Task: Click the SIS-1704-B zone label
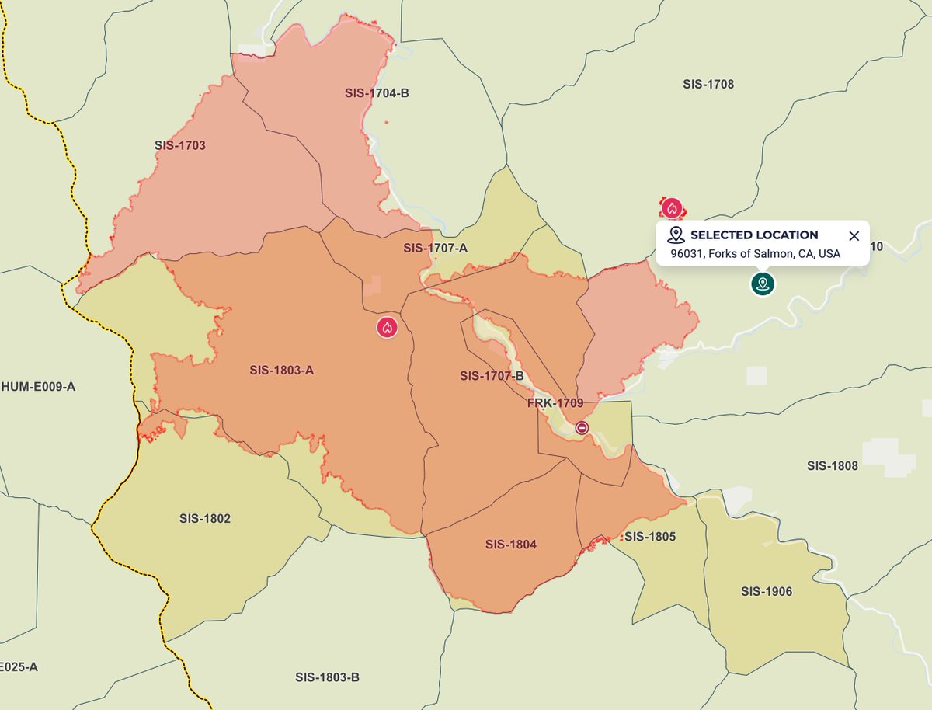tap(377, 93)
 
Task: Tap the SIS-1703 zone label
tap(180, 145)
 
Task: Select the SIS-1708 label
tap(708, 84)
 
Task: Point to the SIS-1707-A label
tap(436, 248)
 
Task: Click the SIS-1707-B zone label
tap(492, 376)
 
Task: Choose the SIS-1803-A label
tap(282, 370)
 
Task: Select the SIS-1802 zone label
tap(205, 518)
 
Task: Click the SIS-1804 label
tap(511, 545)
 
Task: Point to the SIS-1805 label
tap(650, 537)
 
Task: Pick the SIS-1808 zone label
tap(833, 466)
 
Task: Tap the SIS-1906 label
tap(767, 592)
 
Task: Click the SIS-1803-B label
tap(327, 677)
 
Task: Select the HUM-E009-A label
tap(39, 386)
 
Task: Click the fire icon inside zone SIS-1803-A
tap(388, 327)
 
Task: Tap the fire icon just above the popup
tap(673, 208)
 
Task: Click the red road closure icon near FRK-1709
tap(582, 428)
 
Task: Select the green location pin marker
tap(763, 284)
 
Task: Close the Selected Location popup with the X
tap(854, 236)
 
